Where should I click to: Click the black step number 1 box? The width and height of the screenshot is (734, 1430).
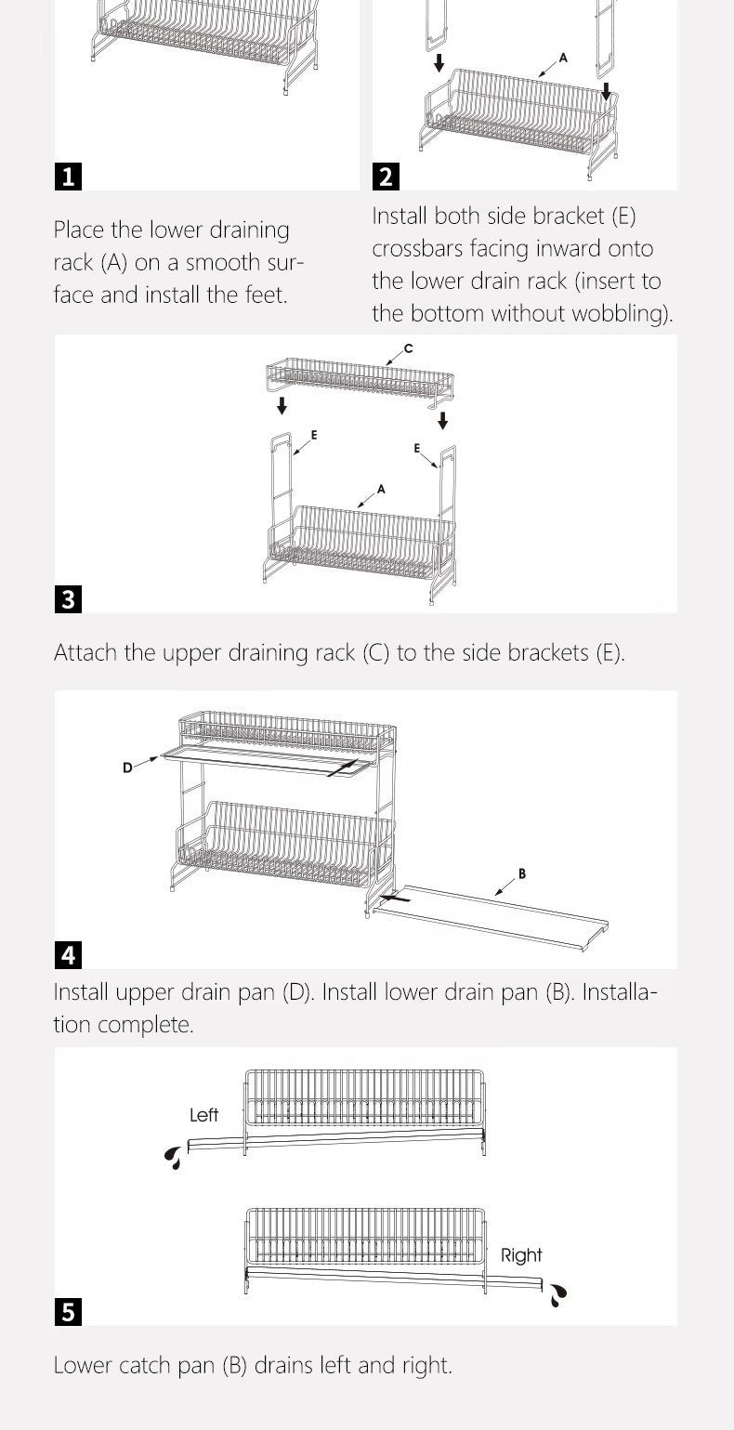click(x=68, y=177)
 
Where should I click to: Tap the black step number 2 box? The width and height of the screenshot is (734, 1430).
click(x=386, y=177)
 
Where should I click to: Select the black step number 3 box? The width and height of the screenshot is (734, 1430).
click(x=68, y=599)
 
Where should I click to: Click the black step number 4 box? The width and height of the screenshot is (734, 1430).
click(x=68, y=954)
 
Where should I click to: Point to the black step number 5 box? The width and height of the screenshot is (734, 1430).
click(x=68, y=1312)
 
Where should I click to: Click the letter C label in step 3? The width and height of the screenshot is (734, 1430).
click(x=409, y=348)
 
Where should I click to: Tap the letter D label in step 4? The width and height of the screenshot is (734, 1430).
click(x=127, y=767)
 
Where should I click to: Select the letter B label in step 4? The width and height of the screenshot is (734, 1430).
click(x=522, y=873)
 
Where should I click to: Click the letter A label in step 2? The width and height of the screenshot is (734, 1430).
click(x=563, y=58)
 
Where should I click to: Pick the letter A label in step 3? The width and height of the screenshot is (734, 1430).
click(x=381, y=489)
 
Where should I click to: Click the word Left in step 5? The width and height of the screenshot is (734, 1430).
click(x=203, y=1115)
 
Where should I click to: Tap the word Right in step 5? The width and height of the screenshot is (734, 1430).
click(x=521, y=1255)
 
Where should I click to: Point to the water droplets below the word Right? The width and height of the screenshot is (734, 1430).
click(x=557, y=1294)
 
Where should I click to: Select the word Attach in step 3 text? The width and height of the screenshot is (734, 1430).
click(x=86, y=652)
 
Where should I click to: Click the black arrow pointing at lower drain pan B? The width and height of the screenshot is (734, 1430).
click(x=395, y=898)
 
